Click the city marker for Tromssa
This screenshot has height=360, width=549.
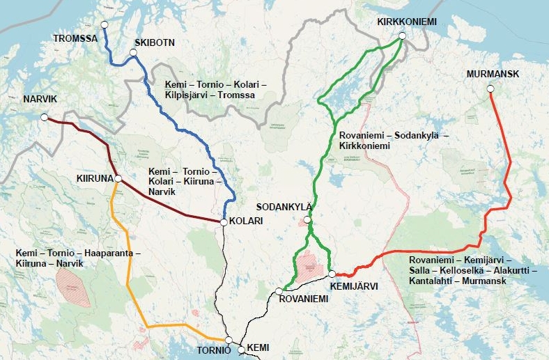click(x=105, y=24)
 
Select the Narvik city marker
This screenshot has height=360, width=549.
click(x=45, y=117)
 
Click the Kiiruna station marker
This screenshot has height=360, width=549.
click(x=118, y=179)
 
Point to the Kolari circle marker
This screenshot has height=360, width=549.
click(x=223, y=222)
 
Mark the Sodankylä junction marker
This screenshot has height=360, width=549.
click(x=308, y=221)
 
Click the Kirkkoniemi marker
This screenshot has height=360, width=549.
click(x=402, y=36)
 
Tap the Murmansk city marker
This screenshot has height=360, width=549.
click(x=490, y=88)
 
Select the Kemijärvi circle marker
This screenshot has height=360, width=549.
click(x=332, y=274)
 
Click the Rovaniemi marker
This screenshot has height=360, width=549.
click(x=279, y=291)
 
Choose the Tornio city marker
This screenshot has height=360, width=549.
click(x=229, y=340)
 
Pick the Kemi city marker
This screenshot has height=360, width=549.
click(x=242, y=350)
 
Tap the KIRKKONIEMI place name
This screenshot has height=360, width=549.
click(x=407, y=22)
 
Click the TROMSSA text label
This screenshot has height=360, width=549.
click(x=75, y=38)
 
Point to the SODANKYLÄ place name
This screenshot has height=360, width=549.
click(x=285, y=208)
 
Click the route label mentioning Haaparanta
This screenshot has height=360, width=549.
click(x=78, y=258)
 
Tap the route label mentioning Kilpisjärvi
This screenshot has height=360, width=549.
click(x=215, y=89)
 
